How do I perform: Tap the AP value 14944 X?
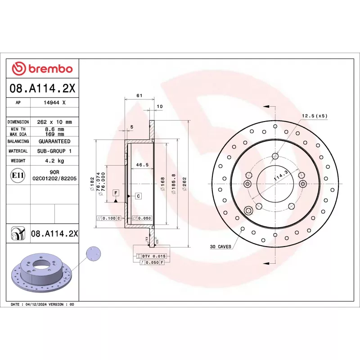54,103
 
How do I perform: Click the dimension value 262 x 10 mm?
54,122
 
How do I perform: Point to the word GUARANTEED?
54,141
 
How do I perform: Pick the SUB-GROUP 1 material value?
54,151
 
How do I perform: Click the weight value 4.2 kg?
54,161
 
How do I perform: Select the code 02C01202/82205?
54,179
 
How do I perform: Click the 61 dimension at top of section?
139,95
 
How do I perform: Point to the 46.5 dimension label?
142,165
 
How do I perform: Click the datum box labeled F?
116,193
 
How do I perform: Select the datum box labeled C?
138,196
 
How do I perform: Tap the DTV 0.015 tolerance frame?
151,256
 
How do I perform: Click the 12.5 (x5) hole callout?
314,116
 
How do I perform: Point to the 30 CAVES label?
220,247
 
